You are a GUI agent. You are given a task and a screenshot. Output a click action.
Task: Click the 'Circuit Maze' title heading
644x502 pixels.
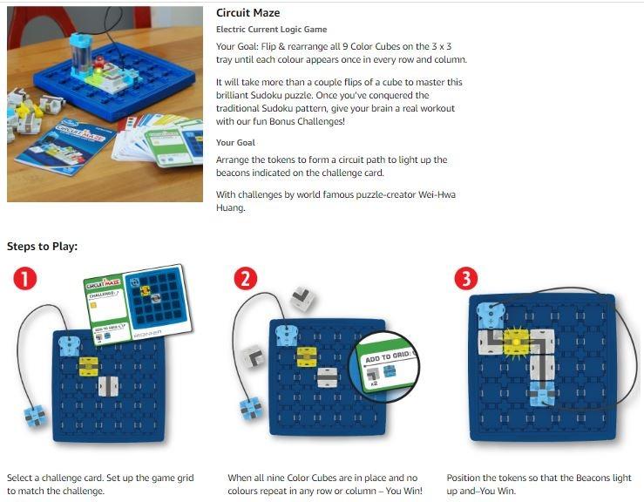(x=248, y=13)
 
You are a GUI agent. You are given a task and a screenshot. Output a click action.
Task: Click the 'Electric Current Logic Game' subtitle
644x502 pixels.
(x=272, y=29)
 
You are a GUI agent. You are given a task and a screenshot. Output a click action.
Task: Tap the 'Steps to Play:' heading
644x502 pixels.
(x=43, y=247)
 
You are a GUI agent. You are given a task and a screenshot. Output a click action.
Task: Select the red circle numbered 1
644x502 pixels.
(x=25, y=278)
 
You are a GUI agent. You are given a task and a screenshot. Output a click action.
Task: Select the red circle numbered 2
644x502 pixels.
(x=246, y=279)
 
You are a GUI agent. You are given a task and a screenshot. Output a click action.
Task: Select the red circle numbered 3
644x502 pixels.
(x=466, y=279)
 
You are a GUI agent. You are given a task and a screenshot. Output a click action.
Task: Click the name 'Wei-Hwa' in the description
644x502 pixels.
(x=437, y=194)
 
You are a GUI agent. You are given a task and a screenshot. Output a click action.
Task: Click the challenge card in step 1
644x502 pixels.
(x=138, y=304)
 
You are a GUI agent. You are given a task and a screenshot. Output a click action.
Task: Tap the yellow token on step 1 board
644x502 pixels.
(x=89, y=366)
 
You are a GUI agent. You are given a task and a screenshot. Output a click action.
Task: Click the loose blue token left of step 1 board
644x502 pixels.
(x=36, y=416)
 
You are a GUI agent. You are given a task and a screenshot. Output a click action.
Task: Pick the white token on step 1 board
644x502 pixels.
(x=108, y=386)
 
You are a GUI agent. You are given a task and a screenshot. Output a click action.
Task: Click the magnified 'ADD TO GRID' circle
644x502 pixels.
(x=384, y=367)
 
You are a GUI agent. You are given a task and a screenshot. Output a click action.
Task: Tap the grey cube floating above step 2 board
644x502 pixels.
(x=303, y=299)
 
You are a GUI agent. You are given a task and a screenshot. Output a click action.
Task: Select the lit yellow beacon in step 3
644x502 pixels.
(x=515, y=342)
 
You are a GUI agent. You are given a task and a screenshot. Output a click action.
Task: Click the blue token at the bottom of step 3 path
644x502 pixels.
(x=542, y=394)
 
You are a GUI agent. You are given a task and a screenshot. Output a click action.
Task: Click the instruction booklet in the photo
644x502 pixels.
(x=64, y=146)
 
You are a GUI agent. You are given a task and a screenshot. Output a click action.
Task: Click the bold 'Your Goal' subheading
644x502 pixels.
(x=236, y=143)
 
